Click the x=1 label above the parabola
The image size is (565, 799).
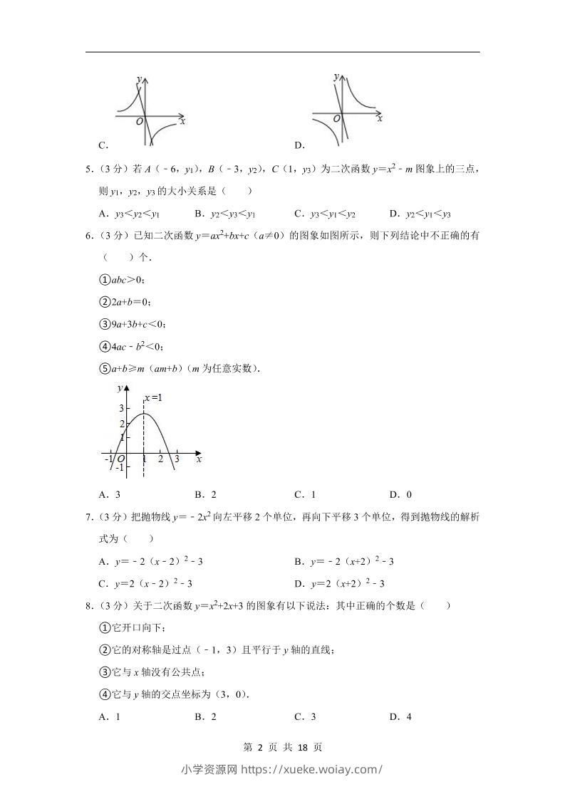(x=153, y=397)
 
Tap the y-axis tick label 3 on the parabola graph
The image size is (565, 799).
(x=121, y=408)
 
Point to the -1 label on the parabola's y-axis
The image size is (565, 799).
(x=119, y=467)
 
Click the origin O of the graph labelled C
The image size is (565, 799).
(x=140, y=122)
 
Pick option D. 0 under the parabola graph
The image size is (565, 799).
(x=400, y=495)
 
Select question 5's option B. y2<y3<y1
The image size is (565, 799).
(x=224, y=214)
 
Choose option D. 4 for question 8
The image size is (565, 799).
(x=400, y=717)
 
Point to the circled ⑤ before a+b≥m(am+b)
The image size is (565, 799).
(x=104, y=369)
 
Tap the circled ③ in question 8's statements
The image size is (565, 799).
(x=104, y=672)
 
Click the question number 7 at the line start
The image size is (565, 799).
(x=88, y=517)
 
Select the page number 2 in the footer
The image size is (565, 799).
(x=260, y=747)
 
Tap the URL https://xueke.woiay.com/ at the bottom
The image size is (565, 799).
(x=312, y=769)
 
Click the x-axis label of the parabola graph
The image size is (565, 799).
(x=199, y=460)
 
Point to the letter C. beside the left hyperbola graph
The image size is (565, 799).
(x=103, y=145)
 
